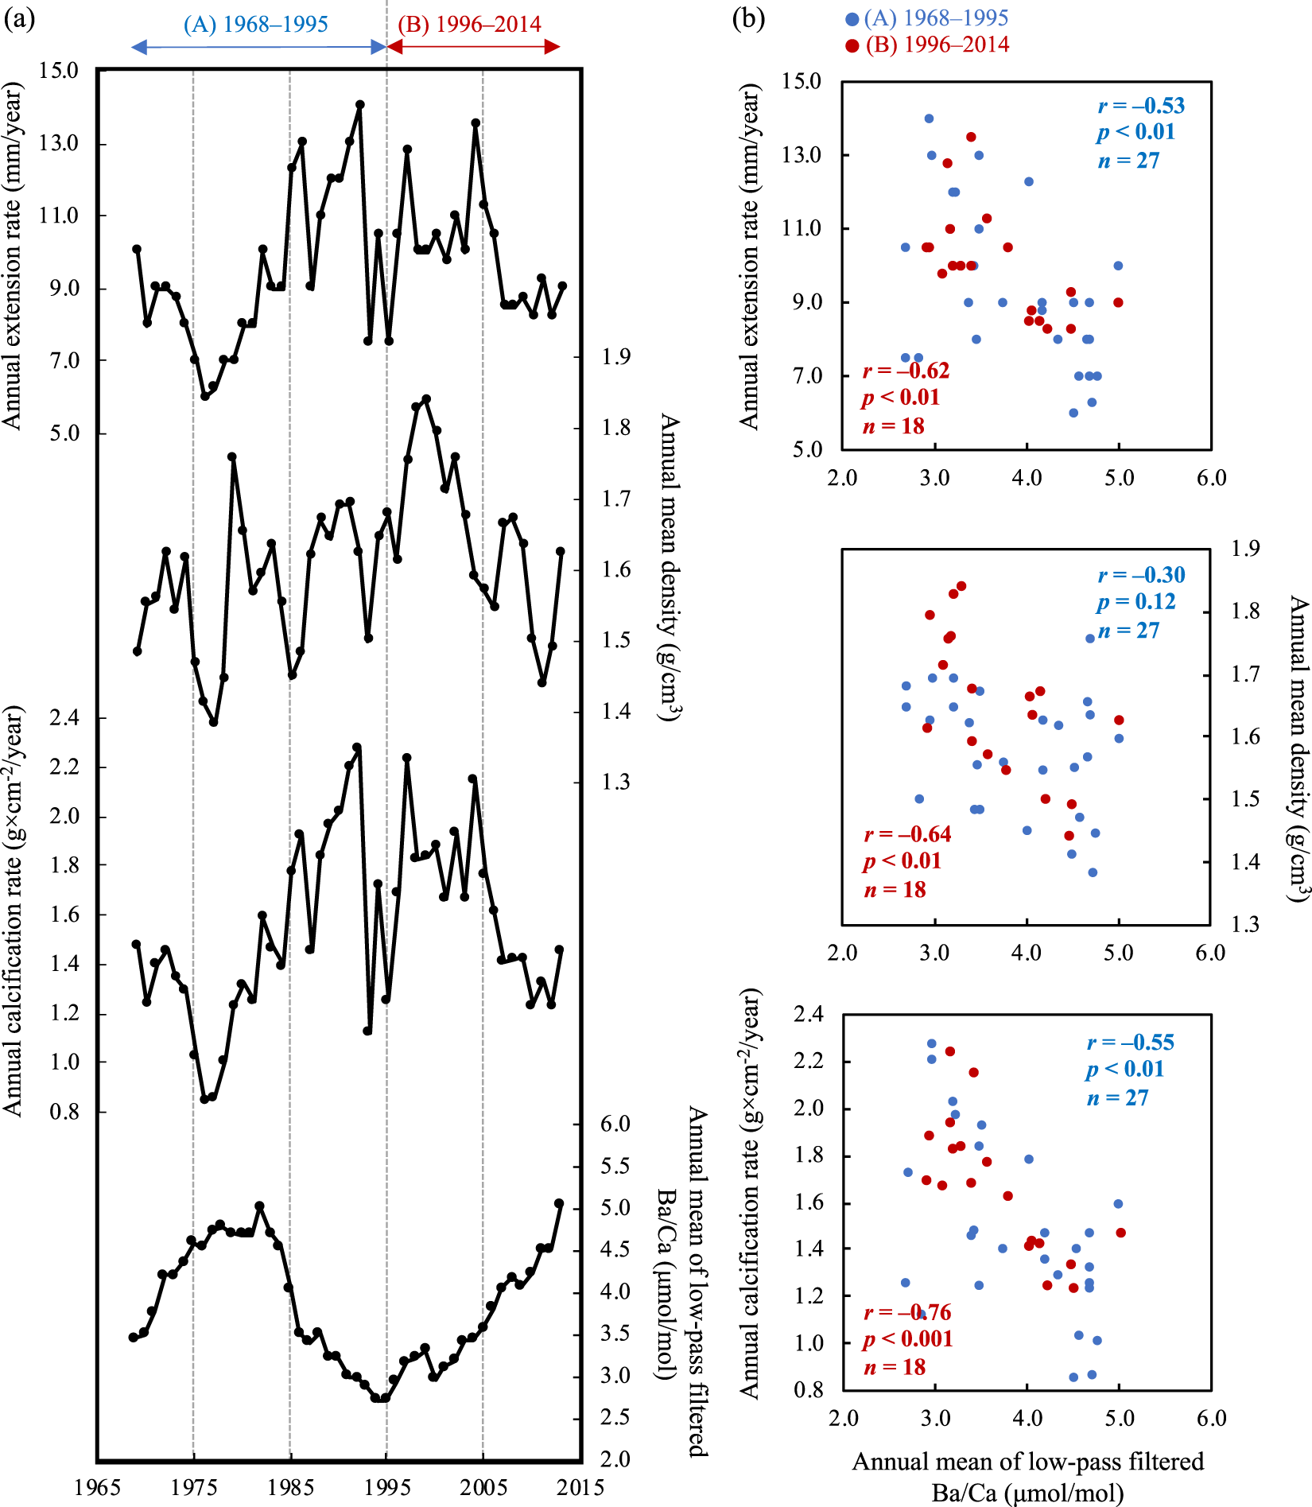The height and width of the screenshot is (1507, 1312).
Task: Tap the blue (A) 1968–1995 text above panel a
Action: tap(255, 25)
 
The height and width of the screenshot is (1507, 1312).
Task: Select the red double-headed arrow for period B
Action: tap(474, 47)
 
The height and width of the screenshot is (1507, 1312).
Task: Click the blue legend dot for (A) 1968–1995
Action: tap(852, 19)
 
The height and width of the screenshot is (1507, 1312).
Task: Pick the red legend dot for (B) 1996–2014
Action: tap(852, 45)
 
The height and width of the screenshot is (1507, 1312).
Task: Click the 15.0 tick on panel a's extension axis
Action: tap(59, 71)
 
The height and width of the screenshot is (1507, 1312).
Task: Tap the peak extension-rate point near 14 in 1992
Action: tap(359, 104)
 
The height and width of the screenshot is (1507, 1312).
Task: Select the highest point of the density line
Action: tap(426, 398)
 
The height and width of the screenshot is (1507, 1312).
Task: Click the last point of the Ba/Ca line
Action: tap(559, 1204)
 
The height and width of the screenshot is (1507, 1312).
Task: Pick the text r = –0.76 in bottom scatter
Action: tap(907, 1312)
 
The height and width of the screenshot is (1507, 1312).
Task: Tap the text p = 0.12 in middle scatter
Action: tap(1136, 601)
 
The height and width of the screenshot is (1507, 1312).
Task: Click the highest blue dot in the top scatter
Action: tap(929, 118)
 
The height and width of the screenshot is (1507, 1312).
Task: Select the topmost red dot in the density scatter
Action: tap(961, 586)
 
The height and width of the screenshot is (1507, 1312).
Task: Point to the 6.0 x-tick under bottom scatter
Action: tap(1211, 1418)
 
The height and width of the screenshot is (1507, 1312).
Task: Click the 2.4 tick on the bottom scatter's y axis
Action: tap(809, 1014)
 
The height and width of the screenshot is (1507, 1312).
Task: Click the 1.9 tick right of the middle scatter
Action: tap(1245, 548)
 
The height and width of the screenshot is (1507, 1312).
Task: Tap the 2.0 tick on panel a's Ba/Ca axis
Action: tap(615, 1459)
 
